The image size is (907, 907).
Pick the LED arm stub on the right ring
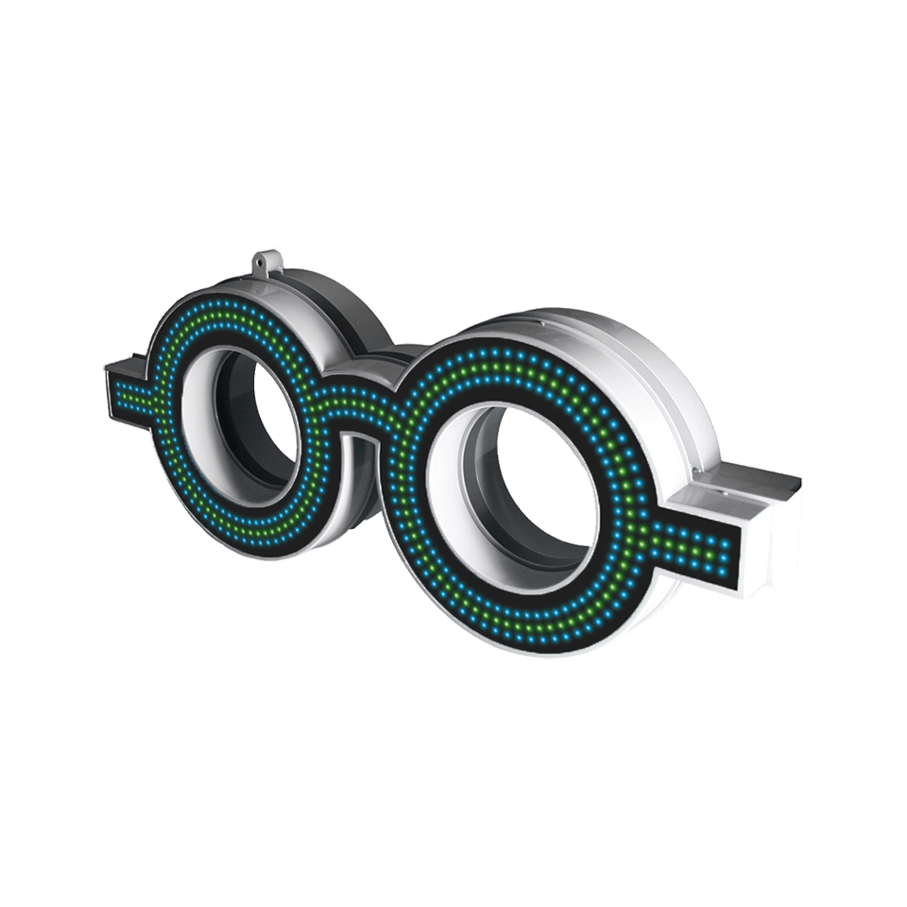699,548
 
